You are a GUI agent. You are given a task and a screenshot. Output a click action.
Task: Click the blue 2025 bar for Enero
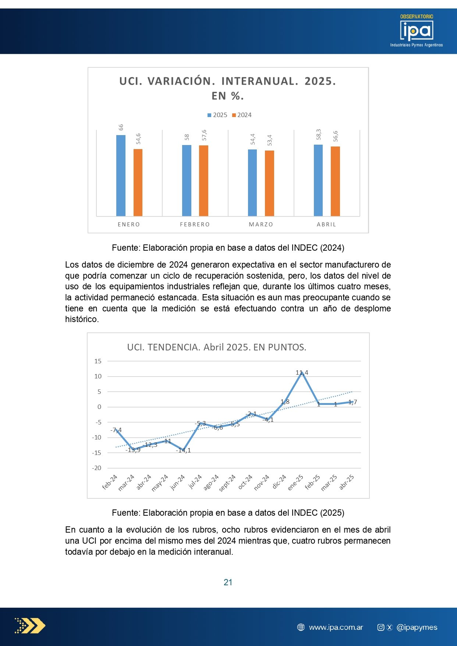coord(121,175)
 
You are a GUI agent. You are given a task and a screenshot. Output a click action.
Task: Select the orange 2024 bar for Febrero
coord(203,180)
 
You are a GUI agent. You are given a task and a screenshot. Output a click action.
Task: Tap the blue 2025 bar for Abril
coord(318,180)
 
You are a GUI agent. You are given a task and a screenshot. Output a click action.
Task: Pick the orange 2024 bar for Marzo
coord(269,183)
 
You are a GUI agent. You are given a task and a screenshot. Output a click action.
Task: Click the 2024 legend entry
coord(242,115)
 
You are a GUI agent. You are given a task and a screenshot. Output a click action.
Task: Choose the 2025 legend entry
coord(217,115)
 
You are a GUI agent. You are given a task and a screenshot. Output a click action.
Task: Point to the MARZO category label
coord(261,225)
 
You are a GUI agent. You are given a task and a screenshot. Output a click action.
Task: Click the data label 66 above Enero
coord(121,127)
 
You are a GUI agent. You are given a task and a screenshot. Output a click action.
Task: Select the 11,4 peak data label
coord(302,373)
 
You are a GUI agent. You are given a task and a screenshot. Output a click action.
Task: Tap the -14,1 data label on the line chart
coord(183,451)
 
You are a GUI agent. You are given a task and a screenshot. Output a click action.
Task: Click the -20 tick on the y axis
coord(97,468)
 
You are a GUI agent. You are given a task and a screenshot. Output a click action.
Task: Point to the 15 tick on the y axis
coord(98,361)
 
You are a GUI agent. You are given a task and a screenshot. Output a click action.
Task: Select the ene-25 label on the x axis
coord(295,482)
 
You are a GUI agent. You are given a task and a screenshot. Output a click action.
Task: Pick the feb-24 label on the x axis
coord(110,482)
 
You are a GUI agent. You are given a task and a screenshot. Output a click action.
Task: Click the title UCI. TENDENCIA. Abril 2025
coord(216,347)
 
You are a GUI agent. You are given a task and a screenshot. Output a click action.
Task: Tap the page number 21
coord(228,582)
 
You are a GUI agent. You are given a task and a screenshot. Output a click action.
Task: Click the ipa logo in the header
coord(417,31)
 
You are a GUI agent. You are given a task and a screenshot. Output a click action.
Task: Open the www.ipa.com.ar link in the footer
coord(336,627)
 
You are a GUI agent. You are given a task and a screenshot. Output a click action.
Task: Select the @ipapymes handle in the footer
coord(417,627)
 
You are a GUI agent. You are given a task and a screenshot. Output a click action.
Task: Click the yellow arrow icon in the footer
coord(30,625)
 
